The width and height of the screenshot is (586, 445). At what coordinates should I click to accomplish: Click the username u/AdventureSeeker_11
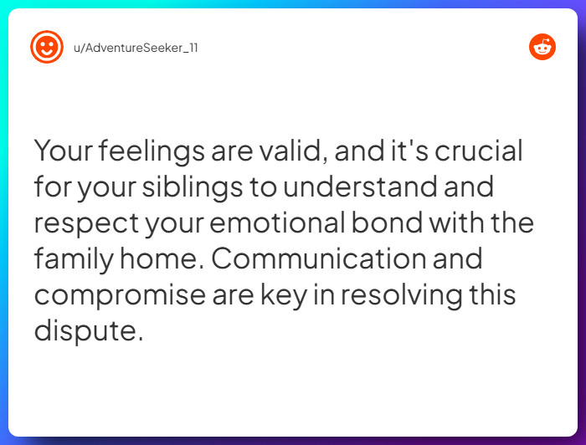tap(136, 47)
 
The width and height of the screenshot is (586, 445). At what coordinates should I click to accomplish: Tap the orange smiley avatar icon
tap(46, 47)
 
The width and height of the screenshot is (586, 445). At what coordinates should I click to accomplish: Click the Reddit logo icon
tap(542, 47)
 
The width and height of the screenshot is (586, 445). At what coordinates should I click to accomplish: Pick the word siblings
tap(191, 187)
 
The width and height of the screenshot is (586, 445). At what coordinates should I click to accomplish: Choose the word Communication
tap(316, 258)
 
